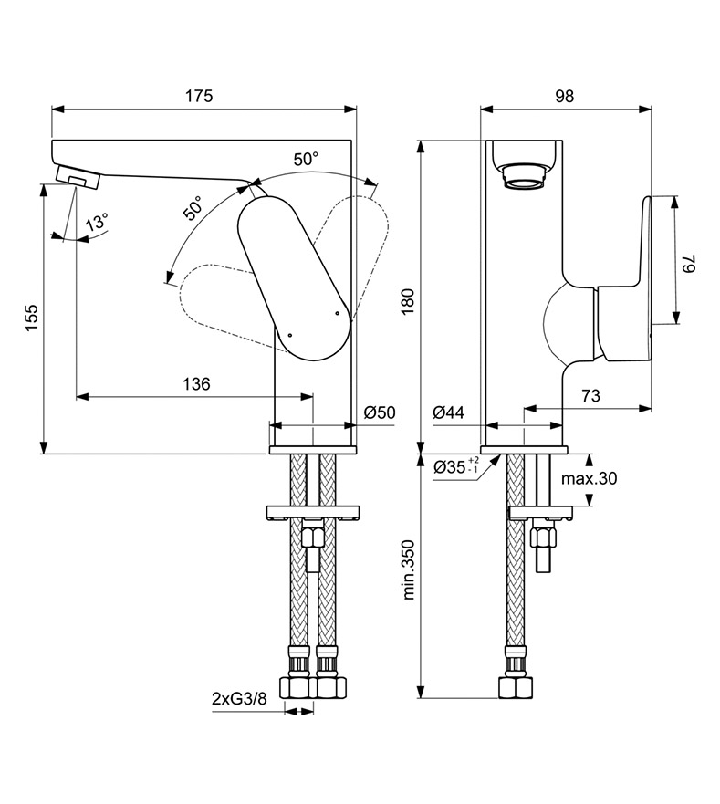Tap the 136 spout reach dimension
[x=194, y=384]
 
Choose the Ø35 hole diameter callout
[x=455, y=466]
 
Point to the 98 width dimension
[x=565, y=96]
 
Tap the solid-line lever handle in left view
[x=294, y=278]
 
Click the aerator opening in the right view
[x=527, y=175]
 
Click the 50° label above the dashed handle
[x=306, y=158]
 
